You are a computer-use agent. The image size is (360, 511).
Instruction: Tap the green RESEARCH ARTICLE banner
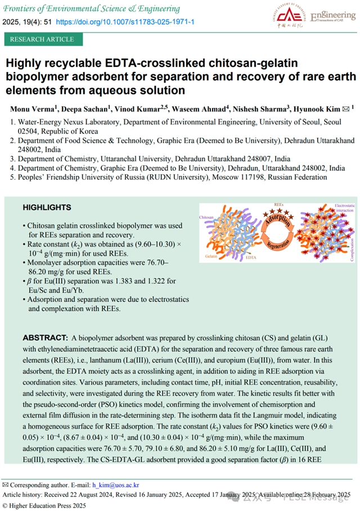pyautogui.click(x=42, y=39)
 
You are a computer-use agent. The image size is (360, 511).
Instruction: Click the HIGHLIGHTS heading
pyautogui.click(x=47, y=207)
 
